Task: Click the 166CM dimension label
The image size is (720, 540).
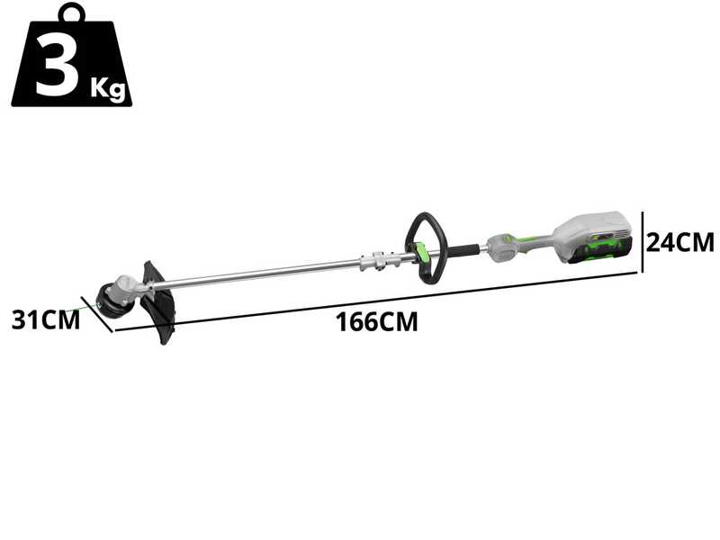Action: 377,322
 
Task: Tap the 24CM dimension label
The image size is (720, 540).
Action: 680,242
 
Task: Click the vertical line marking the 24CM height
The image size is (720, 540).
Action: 643,241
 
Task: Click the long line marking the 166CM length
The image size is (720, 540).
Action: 378,302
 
